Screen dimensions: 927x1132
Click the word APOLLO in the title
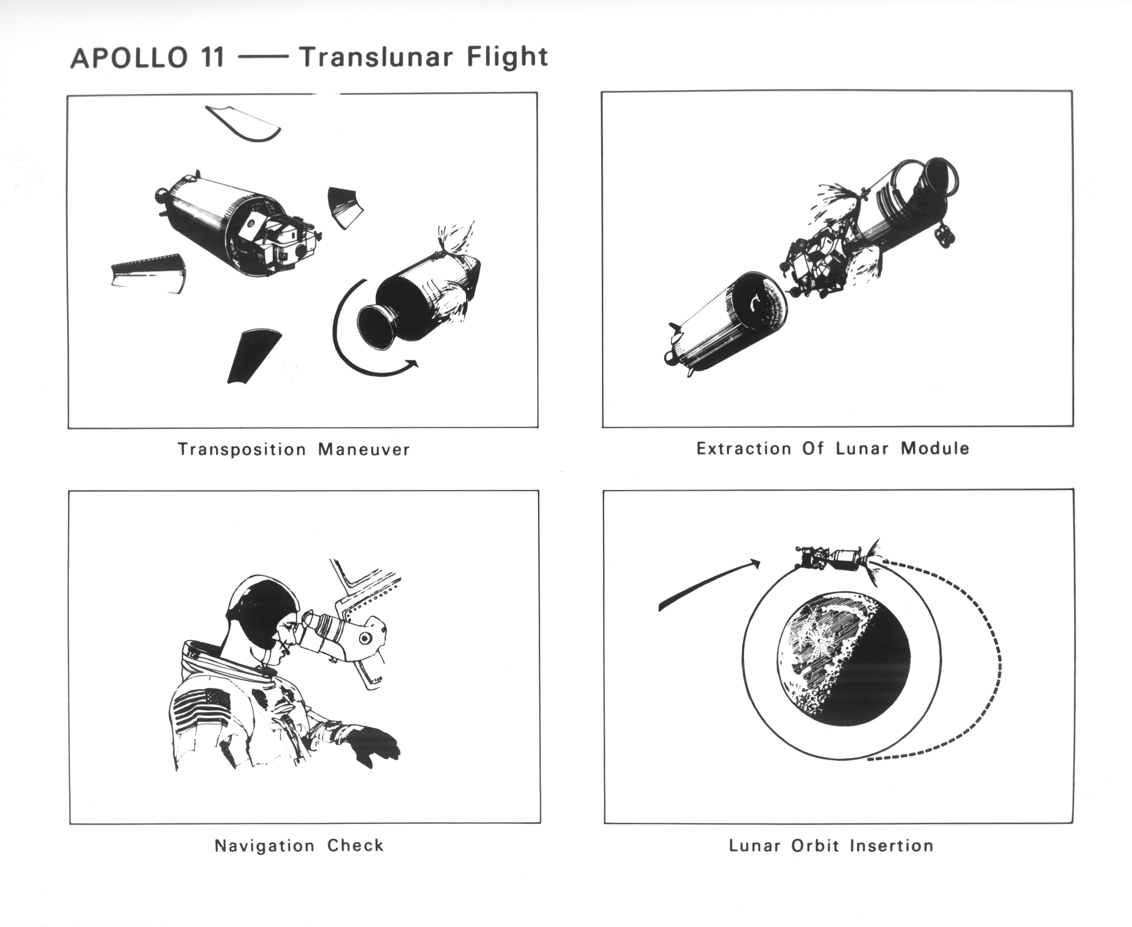tap(129, 58)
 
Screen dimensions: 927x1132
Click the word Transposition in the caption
tap(242, 450)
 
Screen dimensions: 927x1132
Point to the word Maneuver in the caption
tap(364, 450)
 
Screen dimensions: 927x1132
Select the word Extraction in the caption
tap(743, 449)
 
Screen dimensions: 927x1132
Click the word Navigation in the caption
tap(265, 846)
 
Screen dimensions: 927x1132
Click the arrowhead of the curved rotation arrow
tap(412, 364)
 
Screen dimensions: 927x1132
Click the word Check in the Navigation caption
tap(355, 846)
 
